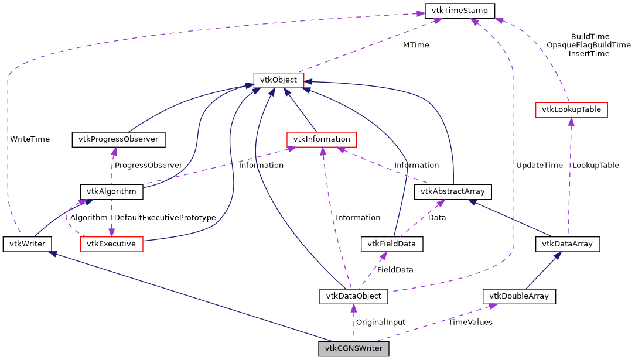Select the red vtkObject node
coord(278,80)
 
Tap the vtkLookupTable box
coord(572,109)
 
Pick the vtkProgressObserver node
coord(118,139)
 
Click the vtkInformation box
coord(322,139)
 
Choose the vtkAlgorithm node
coord(111,191)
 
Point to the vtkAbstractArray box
coord(453,191)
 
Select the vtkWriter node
coord(27,244)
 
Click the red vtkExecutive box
coord(111,244)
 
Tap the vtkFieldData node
coord(391,244)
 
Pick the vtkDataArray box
coord(568,244)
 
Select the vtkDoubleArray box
coord(519,296)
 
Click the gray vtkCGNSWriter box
coord(354,349)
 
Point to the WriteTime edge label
coord(30,139)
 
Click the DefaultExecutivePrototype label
coord(165,217)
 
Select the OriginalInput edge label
coord(381,322)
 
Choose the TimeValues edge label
coord(470,322)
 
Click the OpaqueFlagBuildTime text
coord(589,45)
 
